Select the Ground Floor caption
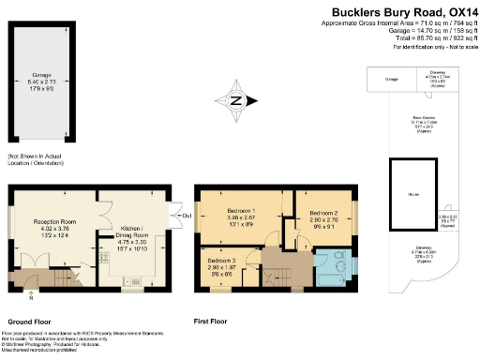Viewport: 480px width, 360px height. point(29,320)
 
